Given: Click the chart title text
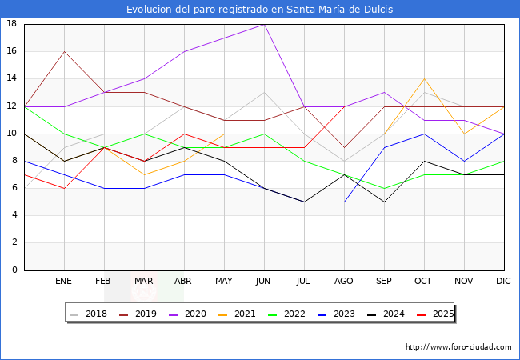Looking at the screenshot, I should [260, 10].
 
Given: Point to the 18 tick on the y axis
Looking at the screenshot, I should [12, 24].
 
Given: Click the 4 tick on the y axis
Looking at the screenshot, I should [14, 215].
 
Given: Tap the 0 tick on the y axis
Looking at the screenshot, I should [14, 270].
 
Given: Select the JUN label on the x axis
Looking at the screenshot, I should [264, 282].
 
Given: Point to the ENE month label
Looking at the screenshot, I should [64, 282].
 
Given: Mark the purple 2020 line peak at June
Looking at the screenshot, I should [264, 24].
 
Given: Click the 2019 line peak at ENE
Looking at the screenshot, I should [64, 51].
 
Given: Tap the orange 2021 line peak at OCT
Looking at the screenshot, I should [424, 78].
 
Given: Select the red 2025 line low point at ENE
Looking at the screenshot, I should [64, 188].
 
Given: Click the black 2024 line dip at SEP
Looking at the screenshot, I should [384, 202].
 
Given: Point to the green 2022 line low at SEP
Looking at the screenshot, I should [384, 188].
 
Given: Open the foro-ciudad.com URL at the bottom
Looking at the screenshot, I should [458, 347].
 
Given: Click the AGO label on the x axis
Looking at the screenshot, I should [344, 282].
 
